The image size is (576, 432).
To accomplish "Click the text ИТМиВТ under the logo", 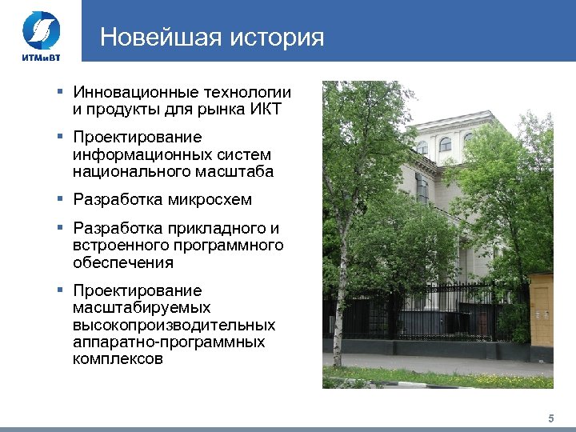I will coord(38,57).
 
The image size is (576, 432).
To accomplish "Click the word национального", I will coord(129,171).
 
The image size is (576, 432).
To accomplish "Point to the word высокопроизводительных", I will coord(174,326).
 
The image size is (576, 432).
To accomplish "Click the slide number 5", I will coord(550,418).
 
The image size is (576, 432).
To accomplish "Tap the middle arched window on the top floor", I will coord(445,145).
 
